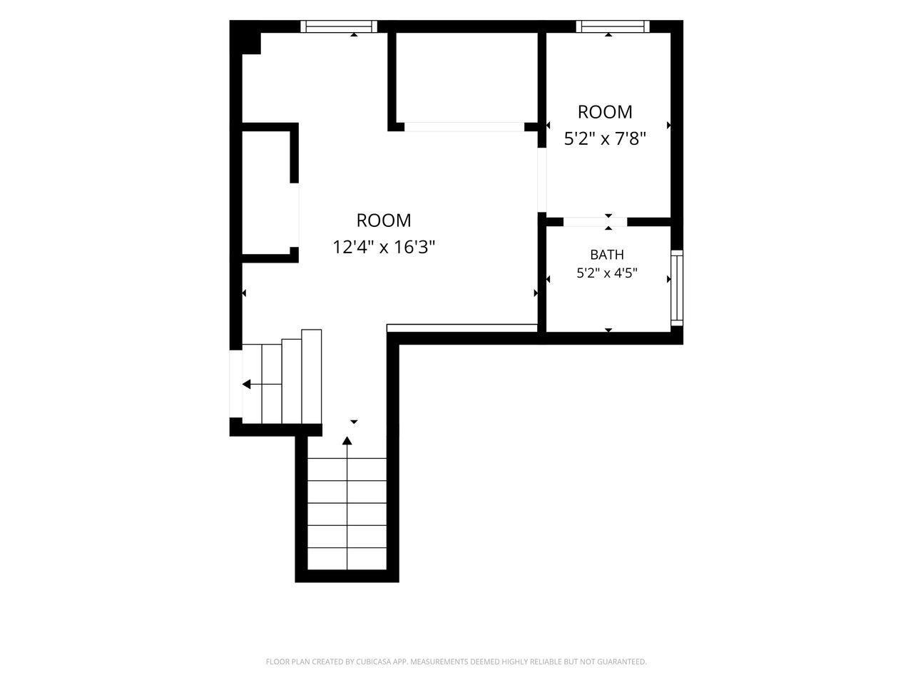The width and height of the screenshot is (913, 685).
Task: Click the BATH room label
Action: click(606, 254)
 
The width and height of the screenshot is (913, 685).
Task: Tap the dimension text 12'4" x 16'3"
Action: click(384, 247)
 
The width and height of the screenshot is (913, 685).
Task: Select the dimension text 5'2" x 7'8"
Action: click(605, 138)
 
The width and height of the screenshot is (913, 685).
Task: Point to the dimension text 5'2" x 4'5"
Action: click(607, 273)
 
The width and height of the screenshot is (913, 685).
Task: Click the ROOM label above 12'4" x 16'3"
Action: click(384, 220)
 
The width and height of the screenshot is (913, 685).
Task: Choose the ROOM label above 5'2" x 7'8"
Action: click(605, 112)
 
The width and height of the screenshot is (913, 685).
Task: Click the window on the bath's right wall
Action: click(677, 288)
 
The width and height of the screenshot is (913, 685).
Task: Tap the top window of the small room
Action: click(613, 26)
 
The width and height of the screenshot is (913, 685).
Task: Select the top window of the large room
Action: click(339, 26)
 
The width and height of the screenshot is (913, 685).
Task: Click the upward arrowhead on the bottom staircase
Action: click(347, 440)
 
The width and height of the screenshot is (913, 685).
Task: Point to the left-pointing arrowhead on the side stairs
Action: click(247, 384)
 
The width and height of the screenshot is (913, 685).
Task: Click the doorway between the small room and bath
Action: click(595, 222)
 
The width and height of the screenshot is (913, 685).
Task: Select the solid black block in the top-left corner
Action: click(245, 37)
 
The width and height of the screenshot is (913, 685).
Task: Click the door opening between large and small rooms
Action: click(541, 180)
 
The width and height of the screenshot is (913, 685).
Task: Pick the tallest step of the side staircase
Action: click(312, 377)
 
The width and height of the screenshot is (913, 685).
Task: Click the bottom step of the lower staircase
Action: click(347, 559)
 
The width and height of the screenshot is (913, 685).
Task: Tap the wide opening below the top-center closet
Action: click(464, 127)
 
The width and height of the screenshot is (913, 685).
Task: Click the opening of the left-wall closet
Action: click(295, 215)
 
